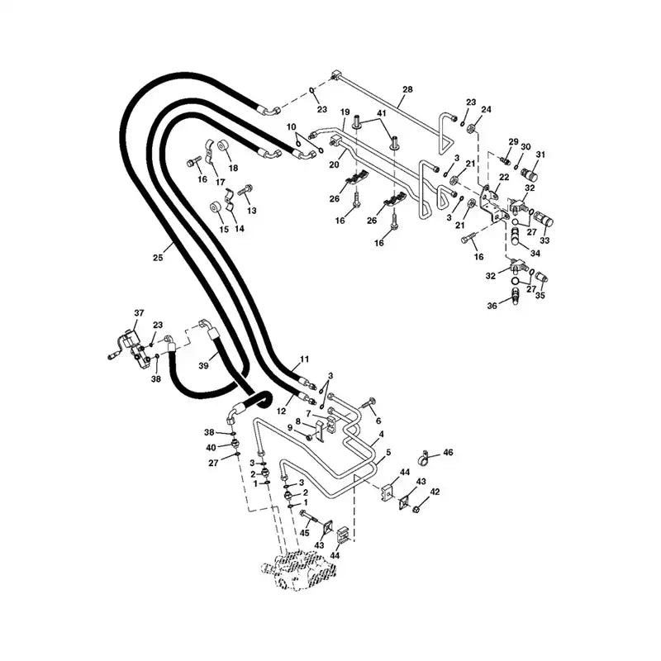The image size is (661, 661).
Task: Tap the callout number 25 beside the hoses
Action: pyautogui.click(x=158, y=259)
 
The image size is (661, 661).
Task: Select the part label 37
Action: pyautogui.click(x=140, y=312)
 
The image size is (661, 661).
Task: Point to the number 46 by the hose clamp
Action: pyautogui.click(x=449, y=452)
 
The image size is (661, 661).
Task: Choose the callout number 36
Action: pyautogui.click(x=492, y=306)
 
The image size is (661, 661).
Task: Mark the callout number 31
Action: pyautogui.click(x=542, y=155)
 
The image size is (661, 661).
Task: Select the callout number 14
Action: pyautogui.click(x=239, y=228)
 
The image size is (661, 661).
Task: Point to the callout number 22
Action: pyautogui.click(x=503, y=177)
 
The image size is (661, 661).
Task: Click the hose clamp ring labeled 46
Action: pyautogui.click(x=424, y=454)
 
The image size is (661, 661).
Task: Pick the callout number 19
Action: pyautogui.click(x=345, y=112)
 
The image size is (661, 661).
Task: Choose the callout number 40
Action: pyautogui.click(x=211, y=448)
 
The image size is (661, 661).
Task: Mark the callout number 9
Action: pyautogui.click(x=290, y=427)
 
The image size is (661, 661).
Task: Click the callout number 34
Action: pyautogui.click(x=535, y=253)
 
